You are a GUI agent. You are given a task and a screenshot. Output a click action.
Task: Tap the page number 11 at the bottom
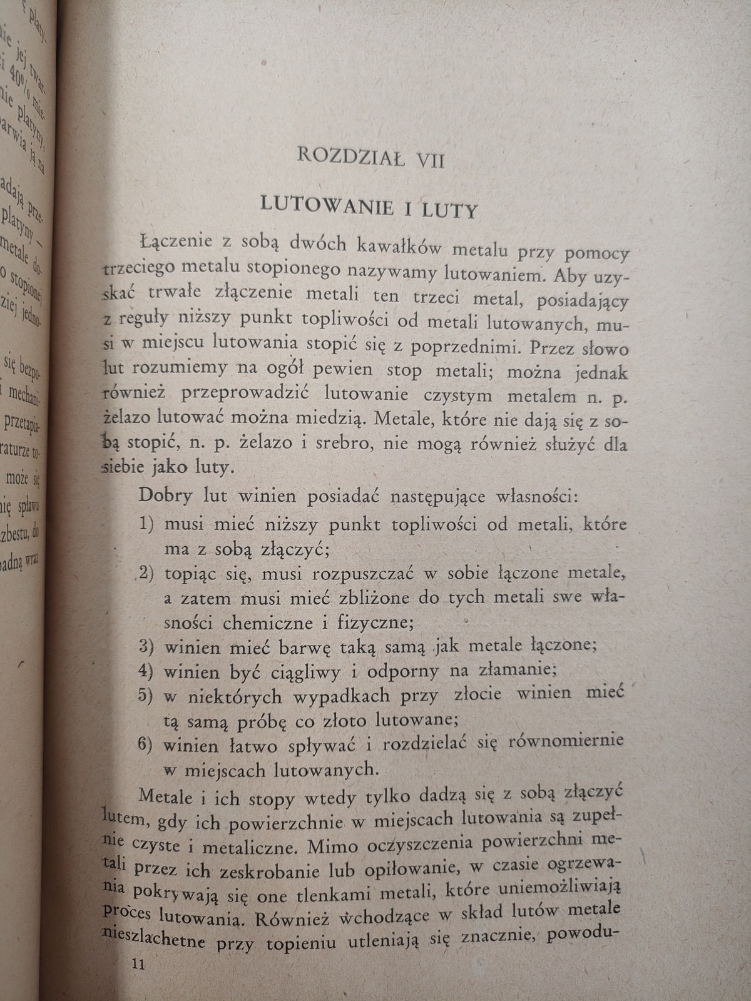(x=138, y=965)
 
